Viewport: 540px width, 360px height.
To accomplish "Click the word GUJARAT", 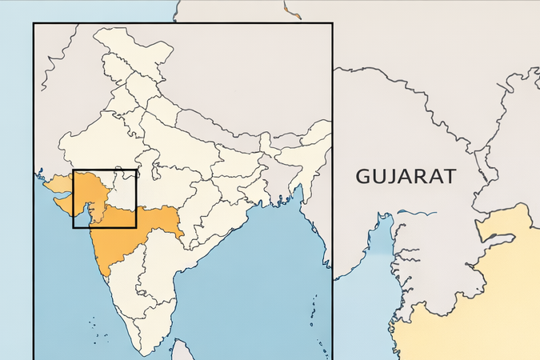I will pyautogui.click(x=406, y=176).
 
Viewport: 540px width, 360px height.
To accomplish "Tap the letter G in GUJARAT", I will pyautogui.click(x=364, y=176).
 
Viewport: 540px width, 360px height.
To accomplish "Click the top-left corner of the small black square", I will pyautogui.click(x=74, y=171).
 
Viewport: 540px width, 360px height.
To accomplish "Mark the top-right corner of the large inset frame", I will pyautogui.click(x=332, y=24).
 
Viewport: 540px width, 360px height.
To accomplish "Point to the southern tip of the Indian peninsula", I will pyautogui.click(x=144, y=353).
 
